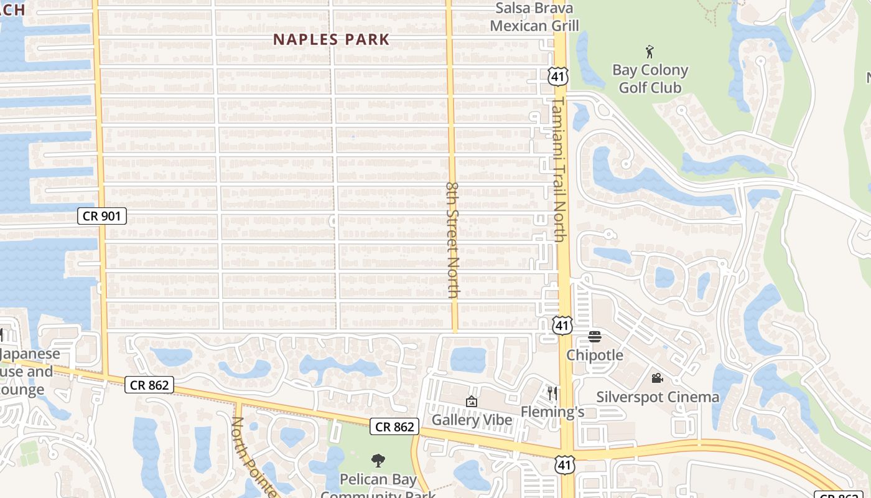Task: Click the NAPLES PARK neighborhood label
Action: click(332, 40)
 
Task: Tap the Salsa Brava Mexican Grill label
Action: click(534, 17)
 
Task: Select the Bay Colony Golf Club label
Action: click(650, 78)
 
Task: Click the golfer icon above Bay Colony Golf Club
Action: click(650, 52)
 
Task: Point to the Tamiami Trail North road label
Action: click(558, 169)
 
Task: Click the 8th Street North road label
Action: click(453, 240)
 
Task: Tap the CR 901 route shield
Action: click(102, 216)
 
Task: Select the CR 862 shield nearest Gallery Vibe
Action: click(394, 426)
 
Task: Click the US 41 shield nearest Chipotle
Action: click(562, 325)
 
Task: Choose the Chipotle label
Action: click(594, 355)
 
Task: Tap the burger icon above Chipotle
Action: click(595, 337)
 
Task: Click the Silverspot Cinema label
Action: click(658, 397)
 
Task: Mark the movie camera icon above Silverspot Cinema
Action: click(657, 378)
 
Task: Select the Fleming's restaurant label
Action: click(552, 411)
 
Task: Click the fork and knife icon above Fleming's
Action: click(552, 393)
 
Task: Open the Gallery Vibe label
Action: click(472, 420)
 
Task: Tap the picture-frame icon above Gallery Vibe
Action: click(471, 402)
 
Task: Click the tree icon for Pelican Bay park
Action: click(378, 461)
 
